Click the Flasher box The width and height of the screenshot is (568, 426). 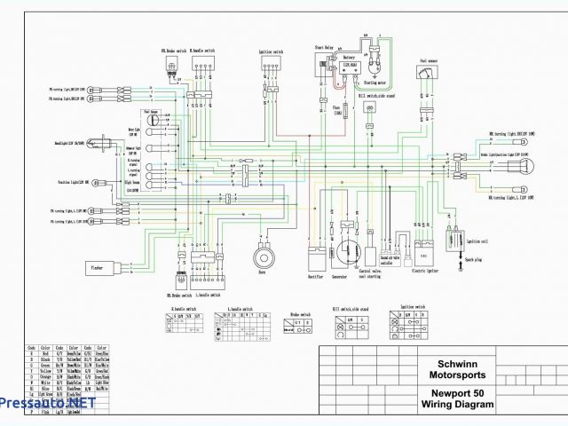click(x=99, y=265)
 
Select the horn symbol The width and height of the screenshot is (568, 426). click(x=263, y=256)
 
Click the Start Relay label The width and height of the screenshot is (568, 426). click(x=324, y=46)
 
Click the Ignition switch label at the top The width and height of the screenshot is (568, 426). click(x=271, y=51)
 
